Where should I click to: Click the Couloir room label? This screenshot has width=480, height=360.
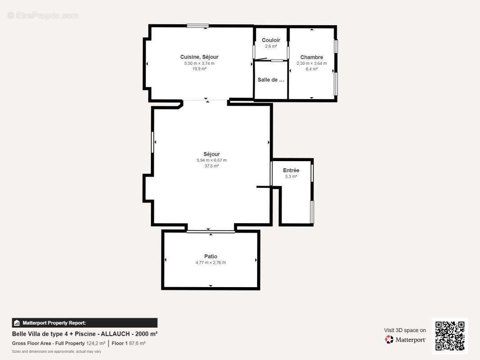click(x=271, y=40)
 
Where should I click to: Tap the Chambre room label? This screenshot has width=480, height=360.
click(x=312, y=57)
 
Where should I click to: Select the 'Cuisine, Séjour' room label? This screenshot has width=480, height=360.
click(x=199, y=57)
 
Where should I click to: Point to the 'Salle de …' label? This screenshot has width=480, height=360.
click(x=271, y=80)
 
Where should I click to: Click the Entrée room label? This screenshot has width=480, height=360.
click(x=291, y=171)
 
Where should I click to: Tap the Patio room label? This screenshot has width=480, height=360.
click(x=211, y=256)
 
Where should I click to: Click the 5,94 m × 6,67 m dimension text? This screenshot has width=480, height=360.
click(x=212, y=160)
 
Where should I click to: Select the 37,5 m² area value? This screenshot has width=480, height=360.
click(x=212, y=166)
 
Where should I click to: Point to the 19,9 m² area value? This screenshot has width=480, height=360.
click(x=199, y=69)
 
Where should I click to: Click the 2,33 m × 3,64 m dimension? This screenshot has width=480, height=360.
click(x=312, y=63)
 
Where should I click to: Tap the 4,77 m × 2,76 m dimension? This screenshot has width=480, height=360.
click(x=211, y=262)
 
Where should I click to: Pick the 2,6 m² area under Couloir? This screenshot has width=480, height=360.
click(x=271, y=46)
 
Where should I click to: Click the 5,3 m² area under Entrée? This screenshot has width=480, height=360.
click(x=291, y=176)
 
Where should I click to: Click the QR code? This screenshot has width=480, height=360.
click(x=450, y=336)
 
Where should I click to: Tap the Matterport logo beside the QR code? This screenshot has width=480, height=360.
click(x=405, y=339)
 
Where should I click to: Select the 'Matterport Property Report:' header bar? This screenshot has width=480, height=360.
click(x=85, y=323)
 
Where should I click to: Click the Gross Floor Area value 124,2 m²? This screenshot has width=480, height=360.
click(x=96, y=343)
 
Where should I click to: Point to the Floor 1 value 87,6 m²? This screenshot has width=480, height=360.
click(x=137, y=343)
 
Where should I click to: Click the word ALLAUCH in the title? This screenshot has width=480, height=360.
click(x=115, y=334)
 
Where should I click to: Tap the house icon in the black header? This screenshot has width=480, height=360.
click(x=17, y=323)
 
